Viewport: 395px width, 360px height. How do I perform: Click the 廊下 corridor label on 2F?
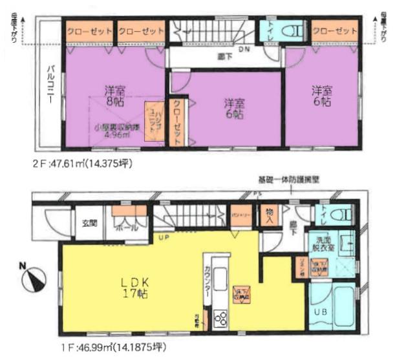coord(224,58)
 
